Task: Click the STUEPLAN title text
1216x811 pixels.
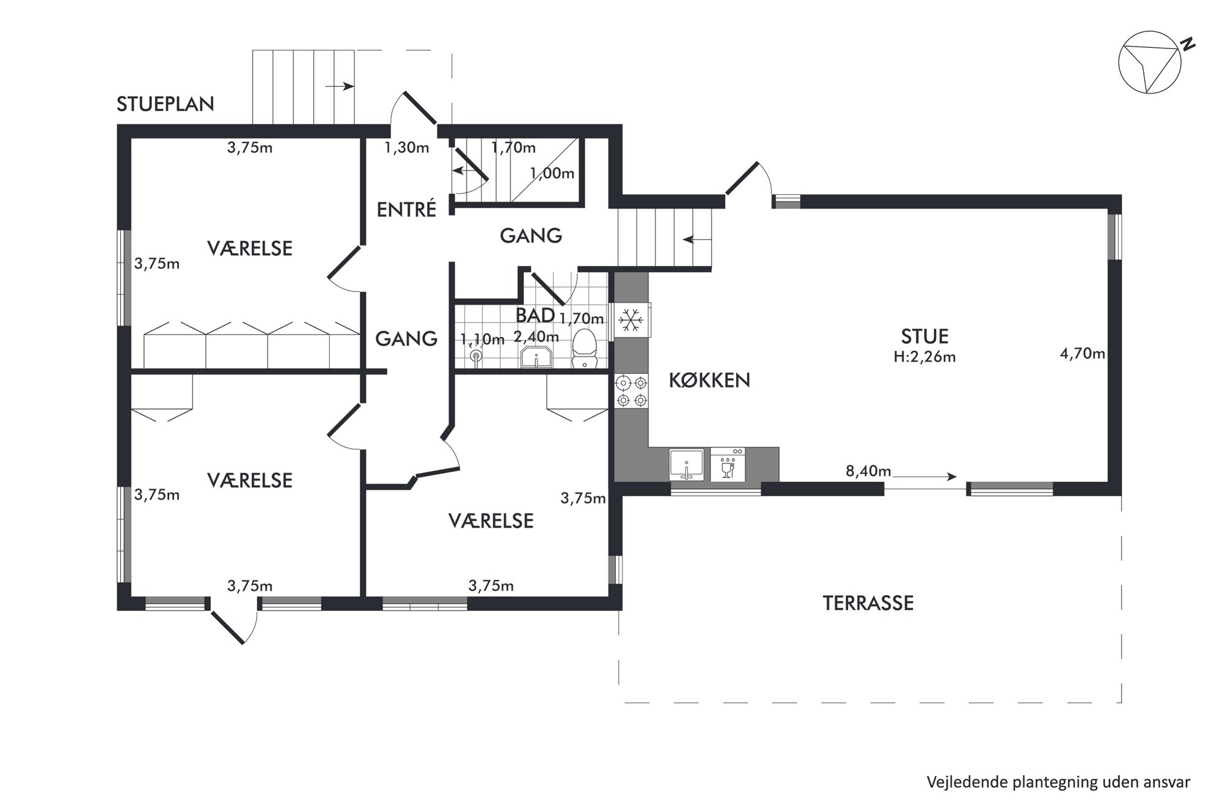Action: coord(165,104)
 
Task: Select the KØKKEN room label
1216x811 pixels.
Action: coord(709,380)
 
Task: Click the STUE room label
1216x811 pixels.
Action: coord(925,336)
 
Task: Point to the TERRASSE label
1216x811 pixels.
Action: coord(868,603)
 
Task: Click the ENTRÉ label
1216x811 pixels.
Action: coord(406,210)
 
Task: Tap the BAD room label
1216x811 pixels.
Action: coord(535,315)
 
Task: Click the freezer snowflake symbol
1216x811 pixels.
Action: coord(629,320)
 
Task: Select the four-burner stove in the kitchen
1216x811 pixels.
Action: coord(631,392)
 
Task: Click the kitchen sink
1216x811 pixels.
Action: coord(686,464)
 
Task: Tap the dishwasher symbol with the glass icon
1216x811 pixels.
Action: coord(728,464)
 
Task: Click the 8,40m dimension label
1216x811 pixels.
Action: coord(868,471)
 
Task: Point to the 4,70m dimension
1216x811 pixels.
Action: coord(1082,354)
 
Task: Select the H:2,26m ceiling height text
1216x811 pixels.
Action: coord(925,357)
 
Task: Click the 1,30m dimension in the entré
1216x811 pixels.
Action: coord(407,148)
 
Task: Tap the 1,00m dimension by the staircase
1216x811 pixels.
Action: coord(552,173)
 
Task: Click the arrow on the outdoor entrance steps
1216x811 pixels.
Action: coord(340,86)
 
